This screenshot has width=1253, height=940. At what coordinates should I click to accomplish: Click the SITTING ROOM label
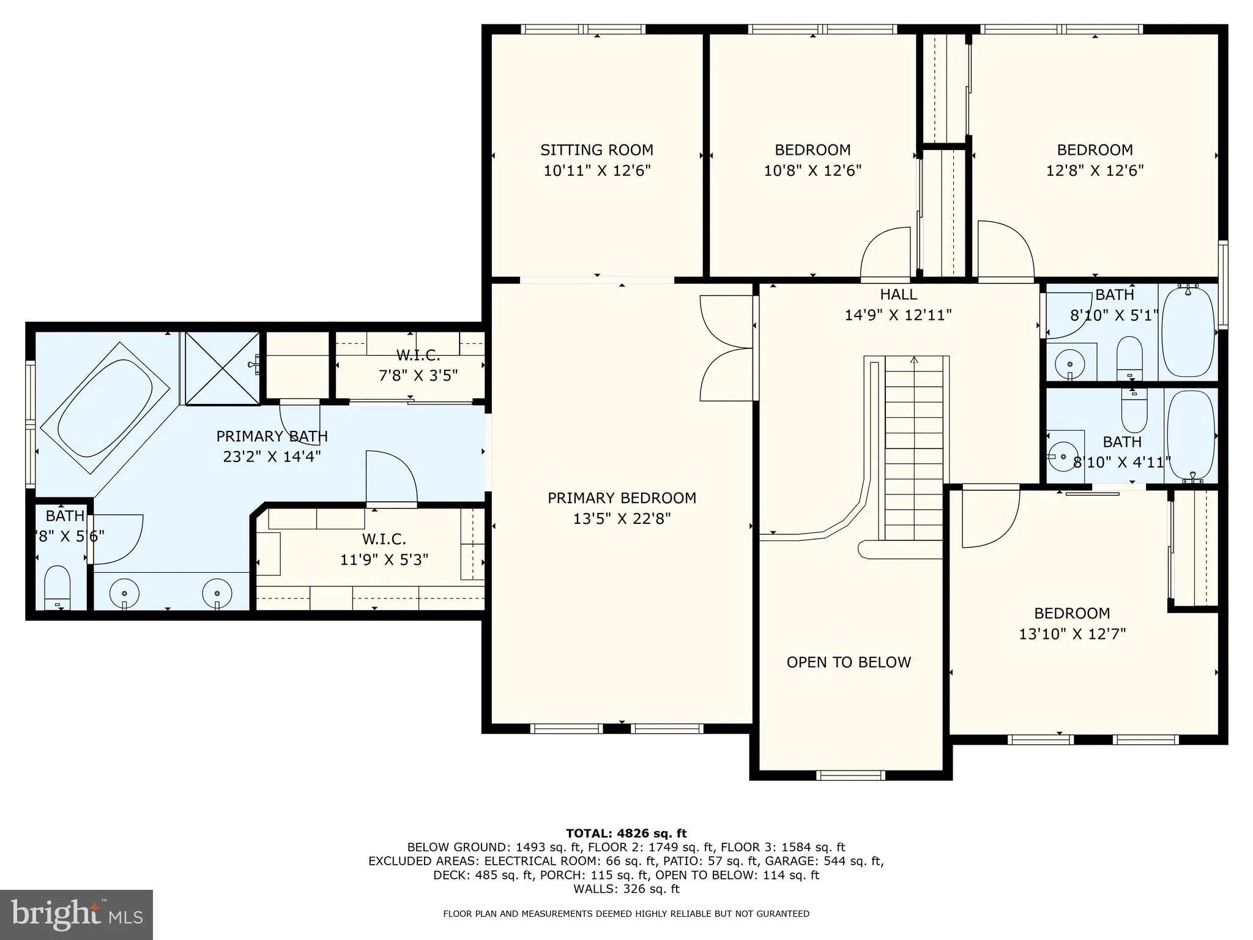tap(597, 150)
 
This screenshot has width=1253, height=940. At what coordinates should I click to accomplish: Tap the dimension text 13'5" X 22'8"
tap(622, 519)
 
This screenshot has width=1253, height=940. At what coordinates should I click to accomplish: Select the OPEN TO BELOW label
tap(849, 662)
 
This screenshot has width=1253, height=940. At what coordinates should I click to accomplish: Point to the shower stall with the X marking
tap(221, 368)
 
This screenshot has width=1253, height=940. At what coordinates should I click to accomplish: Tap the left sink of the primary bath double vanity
tap(124, 593)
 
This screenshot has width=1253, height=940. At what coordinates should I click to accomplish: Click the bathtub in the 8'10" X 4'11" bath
tap(1191, 436)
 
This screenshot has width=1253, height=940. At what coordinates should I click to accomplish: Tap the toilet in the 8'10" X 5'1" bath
tap(1129, 358)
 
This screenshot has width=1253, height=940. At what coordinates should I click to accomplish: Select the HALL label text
tap(898, 295)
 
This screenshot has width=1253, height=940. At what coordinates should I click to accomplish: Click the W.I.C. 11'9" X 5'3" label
tap(384, 549)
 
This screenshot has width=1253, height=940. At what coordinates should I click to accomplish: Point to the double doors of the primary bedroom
tap(727, 348)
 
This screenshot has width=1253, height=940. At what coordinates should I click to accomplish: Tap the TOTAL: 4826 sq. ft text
tap(626, 833)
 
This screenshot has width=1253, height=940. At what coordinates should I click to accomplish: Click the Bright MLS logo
tap(76, 914)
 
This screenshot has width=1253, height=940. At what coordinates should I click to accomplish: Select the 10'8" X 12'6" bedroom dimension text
tap(812, 170)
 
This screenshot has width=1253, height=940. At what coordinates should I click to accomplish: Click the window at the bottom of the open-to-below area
tap(850, 775)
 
